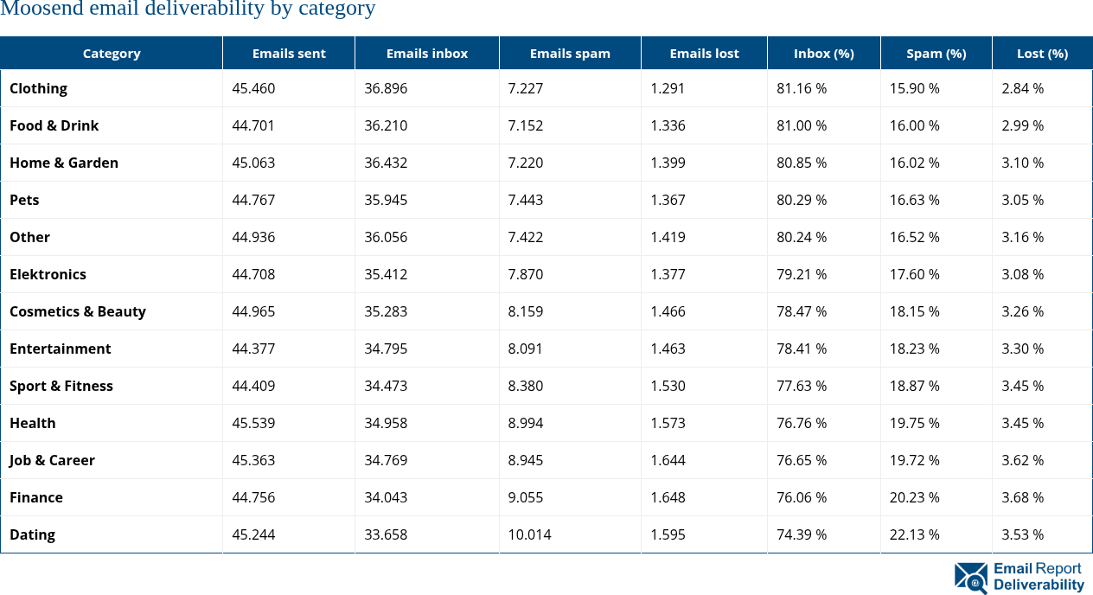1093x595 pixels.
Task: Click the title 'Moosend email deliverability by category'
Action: click(x=188, y=10)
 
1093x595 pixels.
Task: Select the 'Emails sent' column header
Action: click(x=289, y=54)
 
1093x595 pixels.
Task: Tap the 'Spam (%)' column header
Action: click(x=936, y=54)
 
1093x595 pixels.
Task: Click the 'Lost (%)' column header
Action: click(x=1042, y=54)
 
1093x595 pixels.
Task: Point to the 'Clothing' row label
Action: click(x=38, y=89)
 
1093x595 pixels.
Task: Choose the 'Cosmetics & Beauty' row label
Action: click(x=78, y=312)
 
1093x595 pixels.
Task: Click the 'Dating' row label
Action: click(x=32, y=535)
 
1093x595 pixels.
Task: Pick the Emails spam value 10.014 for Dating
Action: click(x=529, y=535)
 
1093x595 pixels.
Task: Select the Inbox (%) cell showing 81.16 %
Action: click(x=802, y=89)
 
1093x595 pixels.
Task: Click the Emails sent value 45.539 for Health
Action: click(x=253, y=424)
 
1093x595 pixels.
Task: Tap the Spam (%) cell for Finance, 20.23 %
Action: click(x=914, y=498)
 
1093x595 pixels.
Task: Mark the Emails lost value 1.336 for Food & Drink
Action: click(x=668, y=126)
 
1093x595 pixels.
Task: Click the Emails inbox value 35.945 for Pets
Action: click(x=386, y=201)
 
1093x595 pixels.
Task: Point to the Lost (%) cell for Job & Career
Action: click(x=1022, y=461)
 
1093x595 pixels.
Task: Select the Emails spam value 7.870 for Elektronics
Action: click(x=526, y=275)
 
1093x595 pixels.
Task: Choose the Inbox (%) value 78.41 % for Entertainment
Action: click(x=802, y=349)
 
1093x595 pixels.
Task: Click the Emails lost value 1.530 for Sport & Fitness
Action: click(x=668, y=387)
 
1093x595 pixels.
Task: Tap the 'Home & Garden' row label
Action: click(x=64, y=163)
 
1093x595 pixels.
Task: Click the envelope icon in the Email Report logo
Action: click(x=971, y=578)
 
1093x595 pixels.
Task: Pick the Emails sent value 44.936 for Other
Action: click(x=253, y=238)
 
